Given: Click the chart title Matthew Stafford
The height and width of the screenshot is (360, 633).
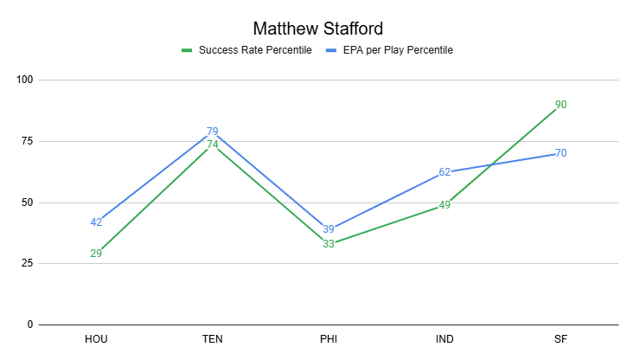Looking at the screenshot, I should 316,28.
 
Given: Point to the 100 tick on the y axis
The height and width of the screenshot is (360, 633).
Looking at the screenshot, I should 24,80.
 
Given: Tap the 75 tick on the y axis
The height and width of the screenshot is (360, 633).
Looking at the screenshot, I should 27,141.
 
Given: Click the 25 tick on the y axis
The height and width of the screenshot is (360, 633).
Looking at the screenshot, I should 27,263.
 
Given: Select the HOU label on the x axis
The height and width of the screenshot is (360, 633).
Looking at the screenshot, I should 96,338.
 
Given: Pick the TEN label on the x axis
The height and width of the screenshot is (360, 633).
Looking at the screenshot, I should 212,338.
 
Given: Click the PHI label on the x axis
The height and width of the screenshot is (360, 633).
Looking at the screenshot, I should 328,338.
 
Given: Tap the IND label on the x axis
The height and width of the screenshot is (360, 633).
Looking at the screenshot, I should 444,338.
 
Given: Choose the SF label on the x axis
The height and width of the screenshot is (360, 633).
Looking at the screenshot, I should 560,338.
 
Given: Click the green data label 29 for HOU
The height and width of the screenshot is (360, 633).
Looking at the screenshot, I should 96,254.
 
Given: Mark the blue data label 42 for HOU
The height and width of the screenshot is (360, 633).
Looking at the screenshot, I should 96,222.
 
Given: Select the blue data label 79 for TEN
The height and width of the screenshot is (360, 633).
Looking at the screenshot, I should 212,132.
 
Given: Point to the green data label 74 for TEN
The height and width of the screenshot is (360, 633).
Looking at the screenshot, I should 212,145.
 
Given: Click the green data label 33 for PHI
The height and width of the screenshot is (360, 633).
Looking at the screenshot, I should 329,244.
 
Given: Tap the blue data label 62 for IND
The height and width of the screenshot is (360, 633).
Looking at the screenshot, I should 444,172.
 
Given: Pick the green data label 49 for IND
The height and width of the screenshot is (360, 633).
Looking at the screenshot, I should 444,205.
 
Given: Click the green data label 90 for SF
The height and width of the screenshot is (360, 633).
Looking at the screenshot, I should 560,105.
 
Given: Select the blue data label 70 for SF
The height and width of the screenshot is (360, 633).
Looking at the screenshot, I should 560,153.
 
